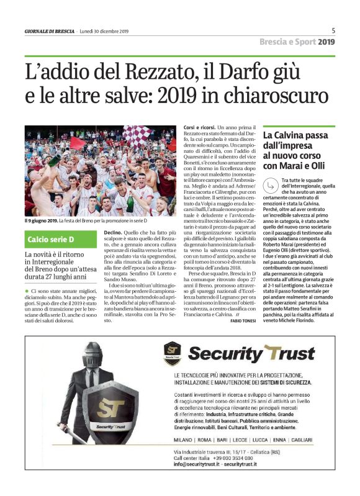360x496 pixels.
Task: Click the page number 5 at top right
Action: click(333, 30)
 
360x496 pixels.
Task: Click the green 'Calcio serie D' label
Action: click(51, 239)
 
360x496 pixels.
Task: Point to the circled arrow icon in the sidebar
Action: click(269, 184)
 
